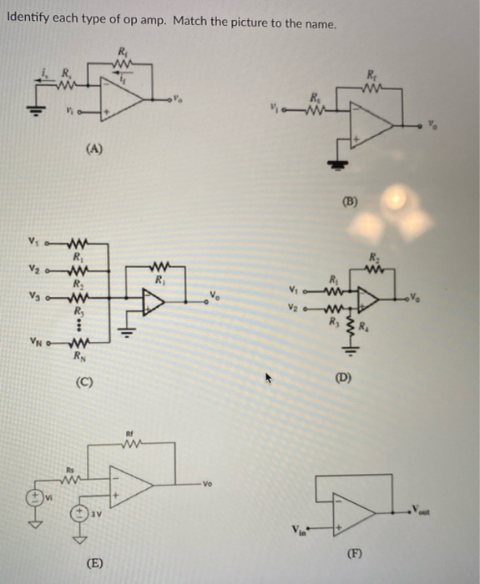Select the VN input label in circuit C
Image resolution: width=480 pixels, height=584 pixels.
coord(34,340)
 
